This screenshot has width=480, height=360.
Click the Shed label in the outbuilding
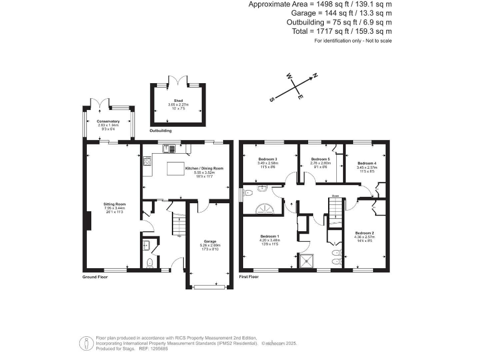177,99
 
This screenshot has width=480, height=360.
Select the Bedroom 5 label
320,159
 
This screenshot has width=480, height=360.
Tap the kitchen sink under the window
167,149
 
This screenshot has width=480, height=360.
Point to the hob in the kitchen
147,162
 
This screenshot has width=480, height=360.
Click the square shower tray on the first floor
307,261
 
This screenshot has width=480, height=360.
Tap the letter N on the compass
315,76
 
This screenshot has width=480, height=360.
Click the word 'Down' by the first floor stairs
335,195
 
